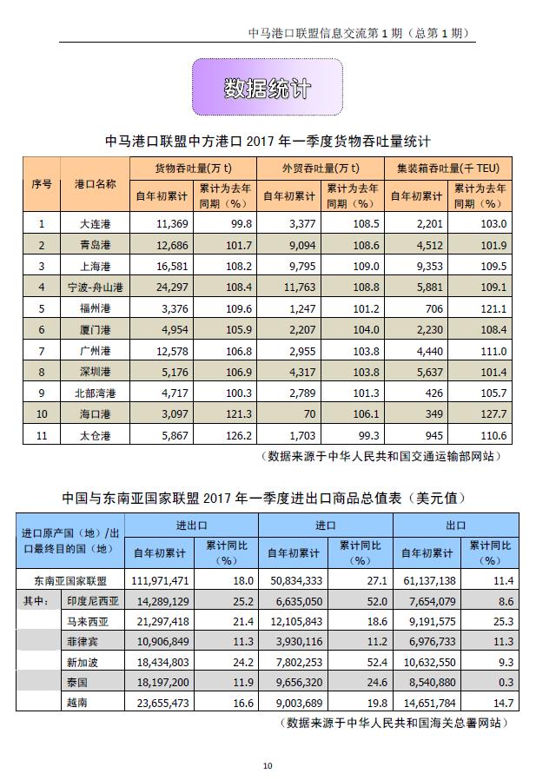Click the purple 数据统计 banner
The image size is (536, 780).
(267, 88)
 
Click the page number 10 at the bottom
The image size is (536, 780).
(268, 765)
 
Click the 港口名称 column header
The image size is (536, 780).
(95, 185)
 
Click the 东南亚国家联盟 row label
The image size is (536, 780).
(69, 581)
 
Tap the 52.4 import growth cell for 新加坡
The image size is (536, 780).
(366, 662)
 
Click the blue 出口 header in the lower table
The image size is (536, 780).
(456, 526)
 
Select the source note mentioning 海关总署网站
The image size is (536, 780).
(395, 723)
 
